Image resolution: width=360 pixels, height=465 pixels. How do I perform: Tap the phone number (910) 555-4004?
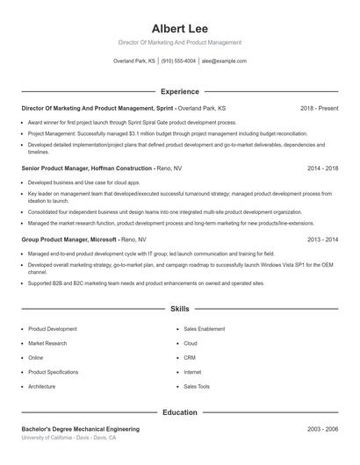(179, 61)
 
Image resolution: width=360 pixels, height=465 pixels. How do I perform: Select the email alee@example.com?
(224, 61)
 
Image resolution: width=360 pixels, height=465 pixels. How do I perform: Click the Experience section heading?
(179, 91)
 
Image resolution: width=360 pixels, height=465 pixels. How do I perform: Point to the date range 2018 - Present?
(319, 108)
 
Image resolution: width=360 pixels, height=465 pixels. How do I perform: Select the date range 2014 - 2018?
(322, 167)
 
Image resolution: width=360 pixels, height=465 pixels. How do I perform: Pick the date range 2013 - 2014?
(322, 239)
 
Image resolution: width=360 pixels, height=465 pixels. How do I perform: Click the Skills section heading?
(179, 309)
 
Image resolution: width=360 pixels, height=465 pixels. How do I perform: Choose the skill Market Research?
(48, 344)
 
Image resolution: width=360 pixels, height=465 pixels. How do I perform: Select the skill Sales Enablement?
(205, 329)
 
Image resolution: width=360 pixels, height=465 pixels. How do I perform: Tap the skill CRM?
(191, 358)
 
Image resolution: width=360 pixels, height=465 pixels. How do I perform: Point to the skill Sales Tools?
(197, 386)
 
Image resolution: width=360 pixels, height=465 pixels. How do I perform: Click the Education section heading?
(179, 411)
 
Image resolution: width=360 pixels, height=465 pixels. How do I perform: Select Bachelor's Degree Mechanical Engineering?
(80, 429)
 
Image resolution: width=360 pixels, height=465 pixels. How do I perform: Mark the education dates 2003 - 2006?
(322, 429)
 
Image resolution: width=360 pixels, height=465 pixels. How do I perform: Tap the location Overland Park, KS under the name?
(134, 61)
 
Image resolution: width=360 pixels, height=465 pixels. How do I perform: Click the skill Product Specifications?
(54, 372)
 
